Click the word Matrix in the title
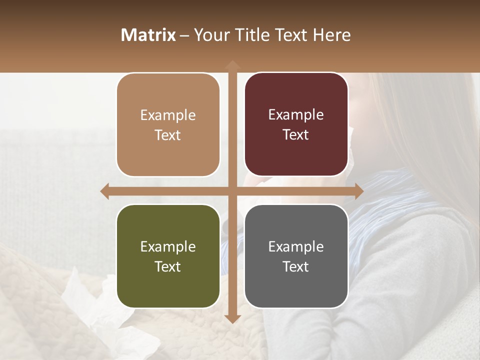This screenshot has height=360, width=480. point(148,35)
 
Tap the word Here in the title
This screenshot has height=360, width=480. point(332,35)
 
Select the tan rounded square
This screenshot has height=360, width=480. point(168,125)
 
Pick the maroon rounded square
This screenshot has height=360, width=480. point(296,124)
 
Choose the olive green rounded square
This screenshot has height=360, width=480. point(168,256)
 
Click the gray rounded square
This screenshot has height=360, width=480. point(296,256)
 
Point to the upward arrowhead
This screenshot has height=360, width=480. point(232,65)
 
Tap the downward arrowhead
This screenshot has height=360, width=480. point(232,318)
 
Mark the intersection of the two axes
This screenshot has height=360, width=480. point(232,191)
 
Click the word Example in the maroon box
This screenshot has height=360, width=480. point(296,115)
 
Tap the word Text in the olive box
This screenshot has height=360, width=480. point(168,266)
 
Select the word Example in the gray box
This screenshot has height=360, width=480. point(296,246)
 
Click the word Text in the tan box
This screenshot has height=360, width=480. point(168,135)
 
